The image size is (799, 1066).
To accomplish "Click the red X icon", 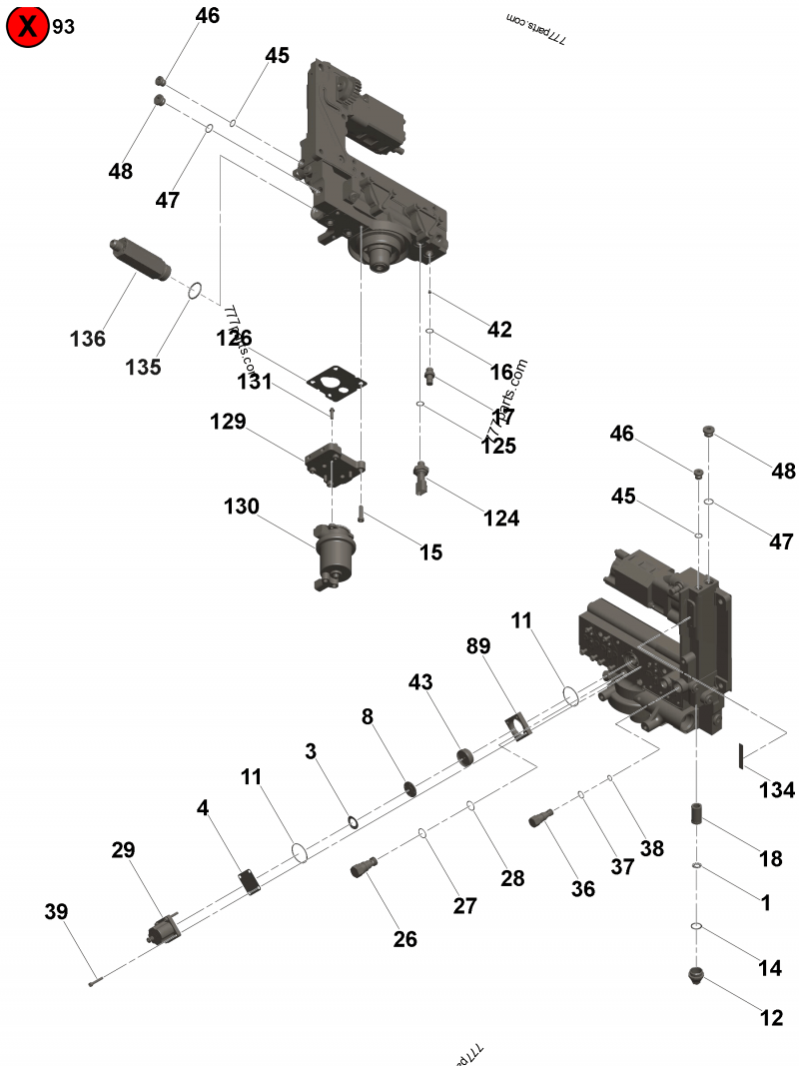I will click(x=27, y=27).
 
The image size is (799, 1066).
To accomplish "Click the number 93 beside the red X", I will click(x=64, y=27).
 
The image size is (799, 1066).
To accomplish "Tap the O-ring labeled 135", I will click(x=196, y=291).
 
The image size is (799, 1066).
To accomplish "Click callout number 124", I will click(x=501, y=519).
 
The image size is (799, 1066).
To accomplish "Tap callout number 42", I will click(x=499, y=330).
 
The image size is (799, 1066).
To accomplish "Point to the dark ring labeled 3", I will click(x=353, y=821).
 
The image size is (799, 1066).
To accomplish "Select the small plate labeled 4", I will click(x=249, y=881).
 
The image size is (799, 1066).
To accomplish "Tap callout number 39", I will click(x=56, y=911).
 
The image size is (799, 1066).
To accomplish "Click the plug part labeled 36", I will click(x=542, y=818).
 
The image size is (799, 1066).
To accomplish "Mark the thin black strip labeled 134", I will click(x=742, y=755).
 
